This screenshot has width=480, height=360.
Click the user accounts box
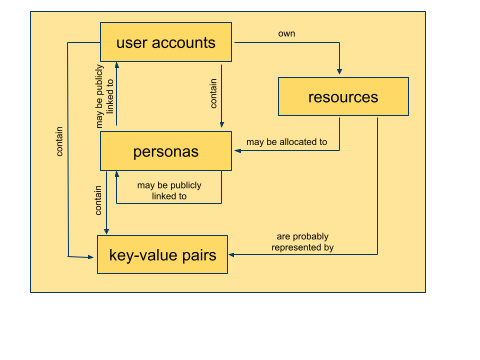166,43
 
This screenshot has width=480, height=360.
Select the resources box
343,97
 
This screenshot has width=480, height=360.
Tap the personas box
166,151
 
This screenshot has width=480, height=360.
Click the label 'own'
286,34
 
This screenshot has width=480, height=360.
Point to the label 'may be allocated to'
288,142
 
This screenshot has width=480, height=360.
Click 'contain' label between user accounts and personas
214,95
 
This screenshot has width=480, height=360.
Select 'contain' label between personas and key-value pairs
98,201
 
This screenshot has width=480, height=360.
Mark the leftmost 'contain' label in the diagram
61,140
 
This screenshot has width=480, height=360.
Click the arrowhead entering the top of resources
340,73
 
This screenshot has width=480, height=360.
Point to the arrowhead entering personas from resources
238,151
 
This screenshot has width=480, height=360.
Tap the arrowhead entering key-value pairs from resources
234,254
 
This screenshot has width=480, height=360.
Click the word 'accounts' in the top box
191,43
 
